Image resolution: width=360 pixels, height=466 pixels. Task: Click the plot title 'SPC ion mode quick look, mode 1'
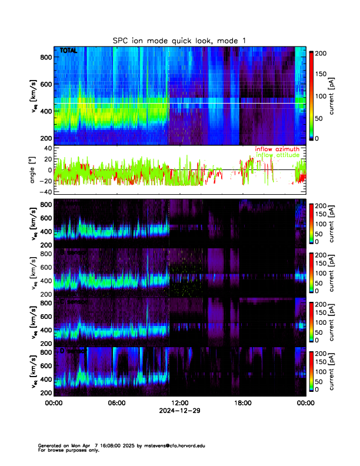click(x=179, y=40)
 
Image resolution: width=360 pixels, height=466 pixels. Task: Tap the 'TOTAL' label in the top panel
click(x=68, y=51)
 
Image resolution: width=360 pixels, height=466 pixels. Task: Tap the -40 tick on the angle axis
click(x=44, y=192)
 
